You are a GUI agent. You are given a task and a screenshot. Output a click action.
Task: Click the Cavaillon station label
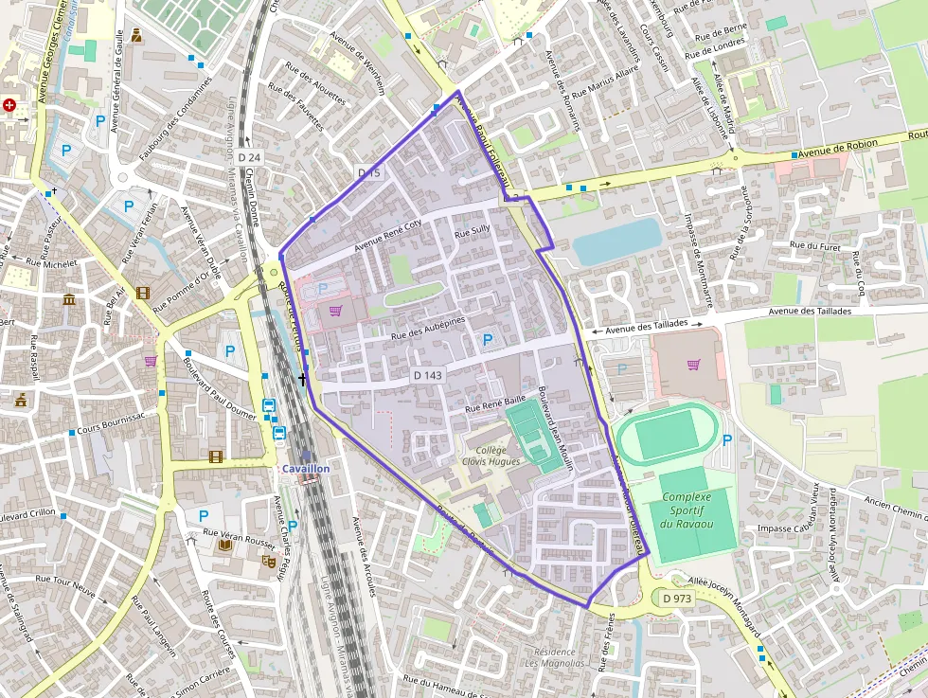(x=305, y=469)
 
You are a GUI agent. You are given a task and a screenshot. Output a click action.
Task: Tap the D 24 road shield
(x=249, y=156)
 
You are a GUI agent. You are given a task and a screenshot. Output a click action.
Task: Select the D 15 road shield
(x=369, y=172)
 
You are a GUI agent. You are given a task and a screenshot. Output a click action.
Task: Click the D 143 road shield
(x=427, y=375)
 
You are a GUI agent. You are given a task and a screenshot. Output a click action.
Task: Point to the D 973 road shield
(x=678, y=599)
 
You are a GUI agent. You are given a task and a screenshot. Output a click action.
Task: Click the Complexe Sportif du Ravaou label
(x=687, y=510)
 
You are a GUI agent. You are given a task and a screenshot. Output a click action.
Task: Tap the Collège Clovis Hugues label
(x=491, y=456)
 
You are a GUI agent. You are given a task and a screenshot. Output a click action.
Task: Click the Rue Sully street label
(x=473, y=231)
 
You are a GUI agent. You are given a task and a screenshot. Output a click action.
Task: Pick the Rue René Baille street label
(x=494, y=403)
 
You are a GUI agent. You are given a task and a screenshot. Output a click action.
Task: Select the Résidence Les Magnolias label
(x=554, y=657)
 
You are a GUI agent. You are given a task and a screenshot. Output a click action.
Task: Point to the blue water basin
(x=616, y=241)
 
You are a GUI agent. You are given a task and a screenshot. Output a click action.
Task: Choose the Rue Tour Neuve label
(x=65, y=583)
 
